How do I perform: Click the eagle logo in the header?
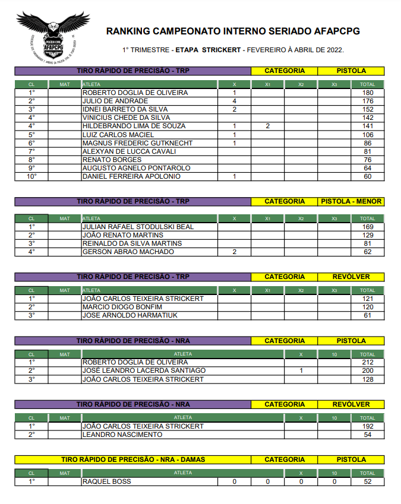pos(52,37)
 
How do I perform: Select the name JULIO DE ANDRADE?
pos(115,101)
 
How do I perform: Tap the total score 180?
pos(368,93)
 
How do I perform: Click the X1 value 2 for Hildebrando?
pos(268,126)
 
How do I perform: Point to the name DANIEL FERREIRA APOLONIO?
pos(131,176)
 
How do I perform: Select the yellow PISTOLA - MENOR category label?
pos(351,201)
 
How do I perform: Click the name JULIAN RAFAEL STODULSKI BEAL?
pos(138,227)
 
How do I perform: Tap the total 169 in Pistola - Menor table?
pos(368,227)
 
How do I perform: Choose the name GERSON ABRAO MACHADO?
pos(128,252)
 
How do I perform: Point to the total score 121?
pos(368,299)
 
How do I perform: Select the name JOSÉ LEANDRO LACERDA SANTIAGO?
pos(144,370)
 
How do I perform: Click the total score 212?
pos(368,362)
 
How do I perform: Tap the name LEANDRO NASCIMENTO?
pos(122,435)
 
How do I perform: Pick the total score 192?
pos(368,426)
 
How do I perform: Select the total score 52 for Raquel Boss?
pos(368,481)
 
